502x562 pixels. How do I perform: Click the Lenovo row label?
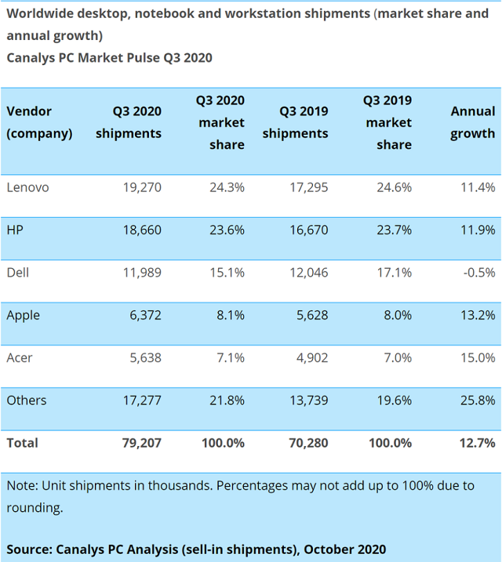(x=27, y=187)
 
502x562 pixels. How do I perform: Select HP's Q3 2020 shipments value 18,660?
(x=142, y=230)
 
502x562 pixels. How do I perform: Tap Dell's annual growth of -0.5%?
(x=479, y=273)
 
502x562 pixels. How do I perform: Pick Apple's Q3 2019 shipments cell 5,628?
(x=312, y=315)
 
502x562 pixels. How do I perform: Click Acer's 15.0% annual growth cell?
(x=478, y=357)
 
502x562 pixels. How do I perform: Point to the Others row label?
(x=27, y=401)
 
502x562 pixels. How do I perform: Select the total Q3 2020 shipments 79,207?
(x=142, y=443)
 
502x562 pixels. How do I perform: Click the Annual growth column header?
(x=473, y=122)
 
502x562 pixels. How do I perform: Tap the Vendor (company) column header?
(x=39, y=122)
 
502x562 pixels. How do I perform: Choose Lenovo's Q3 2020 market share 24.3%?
(x=227, y=187)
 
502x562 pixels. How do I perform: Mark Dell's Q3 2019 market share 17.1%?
(x=394, y=273)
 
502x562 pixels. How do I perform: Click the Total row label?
(x=22, y=443)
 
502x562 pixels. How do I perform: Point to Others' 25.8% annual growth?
(x=478, y=401)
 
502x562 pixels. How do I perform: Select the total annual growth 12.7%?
(x=478, y=443)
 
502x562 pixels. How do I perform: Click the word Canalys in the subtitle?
(x=31, y=58)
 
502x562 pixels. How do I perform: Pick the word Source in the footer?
(x=29, y=549)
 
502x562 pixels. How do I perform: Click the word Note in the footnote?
(x=22, y=486)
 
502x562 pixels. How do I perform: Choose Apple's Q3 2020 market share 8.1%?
(x=231, y=315)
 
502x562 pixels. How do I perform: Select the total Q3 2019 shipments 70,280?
(x=308, y=443)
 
